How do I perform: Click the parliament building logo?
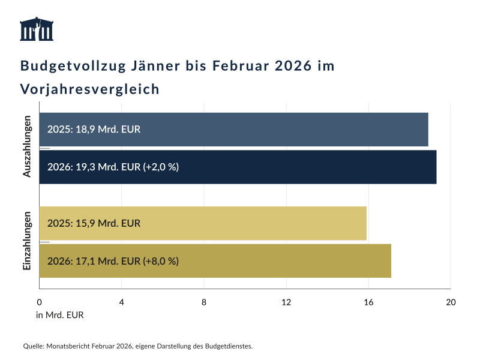point(37,29)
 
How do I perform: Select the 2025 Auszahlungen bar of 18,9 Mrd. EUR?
point(233,129)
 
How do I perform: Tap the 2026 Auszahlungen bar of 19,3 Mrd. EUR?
point(238,167)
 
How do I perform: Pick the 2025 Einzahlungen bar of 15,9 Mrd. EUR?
point(203,223)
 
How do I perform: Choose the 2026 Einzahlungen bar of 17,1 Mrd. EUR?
point(215,261)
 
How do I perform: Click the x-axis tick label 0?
point(40,302)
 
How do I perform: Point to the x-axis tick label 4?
point(122,302)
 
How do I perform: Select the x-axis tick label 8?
point(204,302)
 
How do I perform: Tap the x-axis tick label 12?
point(286,302)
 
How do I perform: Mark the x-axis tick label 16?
point(368,302)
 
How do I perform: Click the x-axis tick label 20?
point(451,302)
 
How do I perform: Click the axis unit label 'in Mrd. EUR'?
point(60,316)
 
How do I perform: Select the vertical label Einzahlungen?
point(27,242)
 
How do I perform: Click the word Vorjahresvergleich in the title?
point(90,89)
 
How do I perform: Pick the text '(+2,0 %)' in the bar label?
point(161,167)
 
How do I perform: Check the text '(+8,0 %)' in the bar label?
point(161,261)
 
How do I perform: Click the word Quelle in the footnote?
point(33,346)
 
